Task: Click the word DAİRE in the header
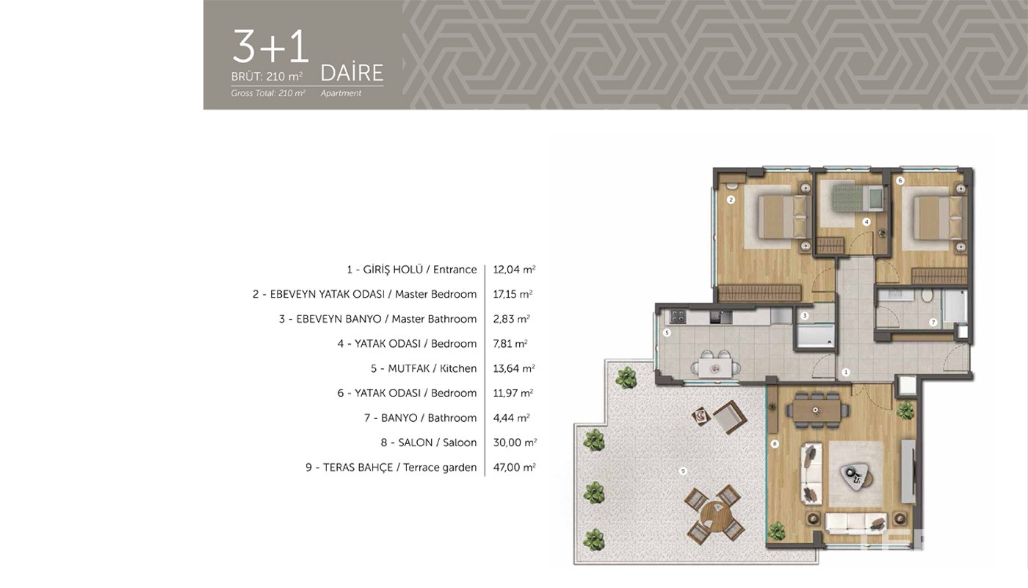point(352,73)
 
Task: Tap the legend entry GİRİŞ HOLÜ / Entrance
point(412,270)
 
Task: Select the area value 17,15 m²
point(513,294)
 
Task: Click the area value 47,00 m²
point(515,467)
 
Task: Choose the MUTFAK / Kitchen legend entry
point(424,368)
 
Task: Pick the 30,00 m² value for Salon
point(515,442)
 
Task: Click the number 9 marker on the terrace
point(683,471)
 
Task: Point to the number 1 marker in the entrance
point(846,372)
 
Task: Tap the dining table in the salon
point(816,410)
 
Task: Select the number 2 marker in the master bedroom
point(731,200)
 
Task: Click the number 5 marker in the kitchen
point(667,332)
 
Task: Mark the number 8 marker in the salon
point(775,444)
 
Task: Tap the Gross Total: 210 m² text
point(268,93)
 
